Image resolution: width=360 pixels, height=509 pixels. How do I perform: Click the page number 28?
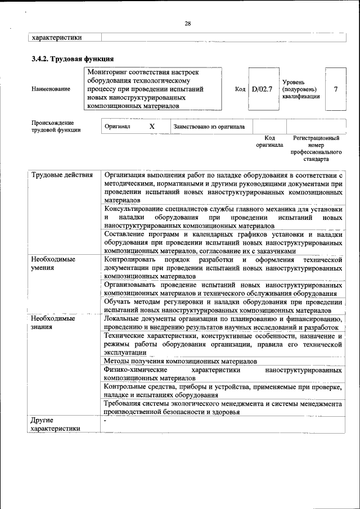tap(187, 23)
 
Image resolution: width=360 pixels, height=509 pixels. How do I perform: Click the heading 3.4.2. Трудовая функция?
tap(73, 58)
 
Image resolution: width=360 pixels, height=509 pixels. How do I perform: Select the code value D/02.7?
tap(262, 89)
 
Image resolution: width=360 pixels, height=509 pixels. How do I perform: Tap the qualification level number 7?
tap(336, 89)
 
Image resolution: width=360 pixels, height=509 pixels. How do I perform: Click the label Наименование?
tap(51, 89)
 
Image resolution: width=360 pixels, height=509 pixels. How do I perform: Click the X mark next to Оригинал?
tap(152, 127)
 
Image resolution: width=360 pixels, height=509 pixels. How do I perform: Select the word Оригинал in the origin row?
tap(118, 127)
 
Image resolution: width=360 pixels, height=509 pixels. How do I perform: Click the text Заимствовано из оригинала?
tap(209, 127)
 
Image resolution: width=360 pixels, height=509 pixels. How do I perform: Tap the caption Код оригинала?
tap(269, 141)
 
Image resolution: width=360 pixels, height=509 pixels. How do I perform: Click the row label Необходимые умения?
tap(53, 263)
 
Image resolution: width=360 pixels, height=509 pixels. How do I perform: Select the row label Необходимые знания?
tap(53, 323)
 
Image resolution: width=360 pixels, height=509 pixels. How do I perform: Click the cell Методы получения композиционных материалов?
tap(181, 361)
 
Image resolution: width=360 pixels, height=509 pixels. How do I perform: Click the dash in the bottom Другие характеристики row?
tap(105, 420)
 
